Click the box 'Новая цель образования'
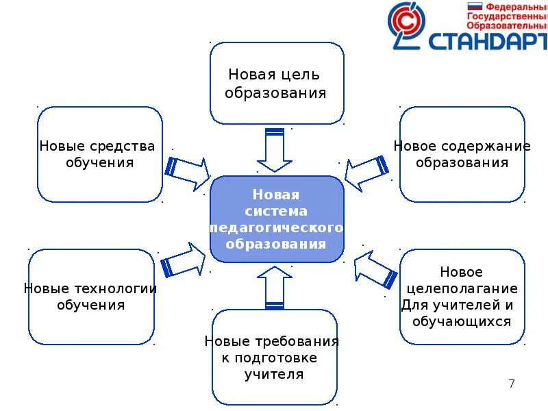coord(277,83)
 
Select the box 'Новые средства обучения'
coord(100,154)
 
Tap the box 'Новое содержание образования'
coord(462,154)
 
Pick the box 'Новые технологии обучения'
coord(90,296)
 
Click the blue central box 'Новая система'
coord(276,219)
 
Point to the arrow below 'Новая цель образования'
coord(274,151)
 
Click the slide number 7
coord(512,384)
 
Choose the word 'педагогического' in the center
coord(276,227)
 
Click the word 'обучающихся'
coord(464,321)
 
